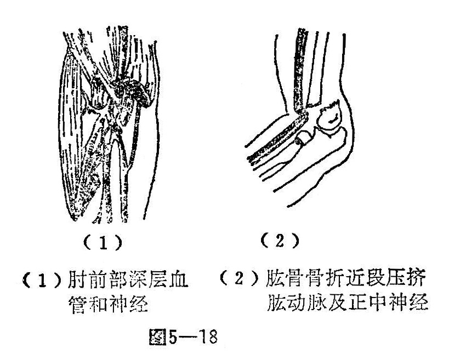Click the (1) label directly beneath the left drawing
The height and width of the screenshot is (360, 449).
[x=103, y=243]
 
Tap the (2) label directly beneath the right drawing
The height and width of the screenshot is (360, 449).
[x=280, y=241]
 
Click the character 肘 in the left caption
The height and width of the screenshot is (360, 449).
[x=77, y=279]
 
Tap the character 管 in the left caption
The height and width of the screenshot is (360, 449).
[x=77, y=304]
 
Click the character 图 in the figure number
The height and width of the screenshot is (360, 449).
[x=158, y=336]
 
